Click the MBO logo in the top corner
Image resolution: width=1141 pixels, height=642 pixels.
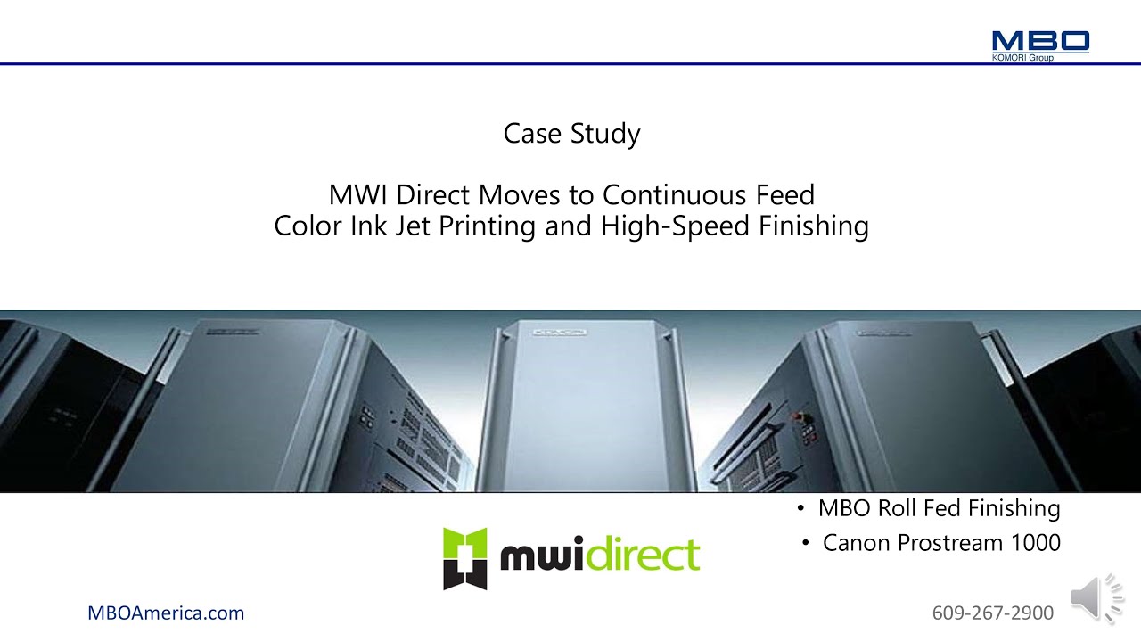[1040, 41]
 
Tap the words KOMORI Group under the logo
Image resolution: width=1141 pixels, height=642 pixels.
[1022, 58]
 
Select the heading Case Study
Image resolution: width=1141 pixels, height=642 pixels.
[571, 134]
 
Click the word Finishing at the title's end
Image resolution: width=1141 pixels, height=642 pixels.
[814, 226]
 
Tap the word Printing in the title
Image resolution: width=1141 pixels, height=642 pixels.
[488, 226]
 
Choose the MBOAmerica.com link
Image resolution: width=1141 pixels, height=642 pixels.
[166, 613]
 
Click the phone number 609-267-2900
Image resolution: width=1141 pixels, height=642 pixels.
[992, 613]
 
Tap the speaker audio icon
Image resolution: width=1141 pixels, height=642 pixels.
[1096, 597]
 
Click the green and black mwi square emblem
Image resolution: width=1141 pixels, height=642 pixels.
[465, 558]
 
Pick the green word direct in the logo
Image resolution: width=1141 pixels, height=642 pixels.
[644, 555]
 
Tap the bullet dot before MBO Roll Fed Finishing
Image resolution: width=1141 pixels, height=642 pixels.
[800, 509]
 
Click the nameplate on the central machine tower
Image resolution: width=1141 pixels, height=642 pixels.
[560, 333]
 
